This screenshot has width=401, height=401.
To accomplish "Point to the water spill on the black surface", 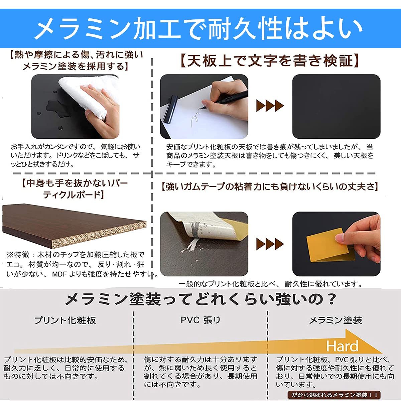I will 53,107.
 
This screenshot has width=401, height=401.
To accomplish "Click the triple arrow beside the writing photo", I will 270,106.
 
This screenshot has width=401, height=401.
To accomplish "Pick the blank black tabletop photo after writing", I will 336,106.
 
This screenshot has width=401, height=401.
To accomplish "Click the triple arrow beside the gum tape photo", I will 270,244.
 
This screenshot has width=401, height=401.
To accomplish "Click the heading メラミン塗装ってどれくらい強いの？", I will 200,299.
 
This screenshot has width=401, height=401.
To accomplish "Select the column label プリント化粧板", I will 65,320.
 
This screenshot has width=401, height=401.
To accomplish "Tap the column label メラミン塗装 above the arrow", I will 335,320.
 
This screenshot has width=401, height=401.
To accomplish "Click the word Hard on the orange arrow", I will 342,346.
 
